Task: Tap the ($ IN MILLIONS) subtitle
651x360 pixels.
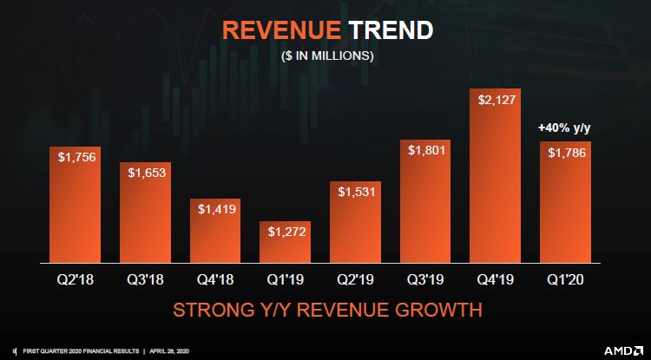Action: point(326,56)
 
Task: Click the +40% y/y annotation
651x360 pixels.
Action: point(564,128)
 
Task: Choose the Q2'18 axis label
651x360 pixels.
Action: point(73,279)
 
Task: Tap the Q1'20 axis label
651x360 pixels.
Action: point(565,279)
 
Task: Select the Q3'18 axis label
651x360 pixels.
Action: point(143,279)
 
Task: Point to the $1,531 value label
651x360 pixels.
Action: point(354,191)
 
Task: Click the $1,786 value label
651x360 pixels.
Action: point(565,152)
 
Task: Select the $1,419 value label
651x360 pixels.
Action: point(214,209)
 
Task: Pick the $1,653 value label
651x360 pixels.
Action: point(144,173)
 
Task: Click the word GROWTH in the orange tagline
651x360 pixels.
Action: point(440,310)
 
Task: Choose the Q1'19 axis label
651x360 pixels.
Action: point(284,279)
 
